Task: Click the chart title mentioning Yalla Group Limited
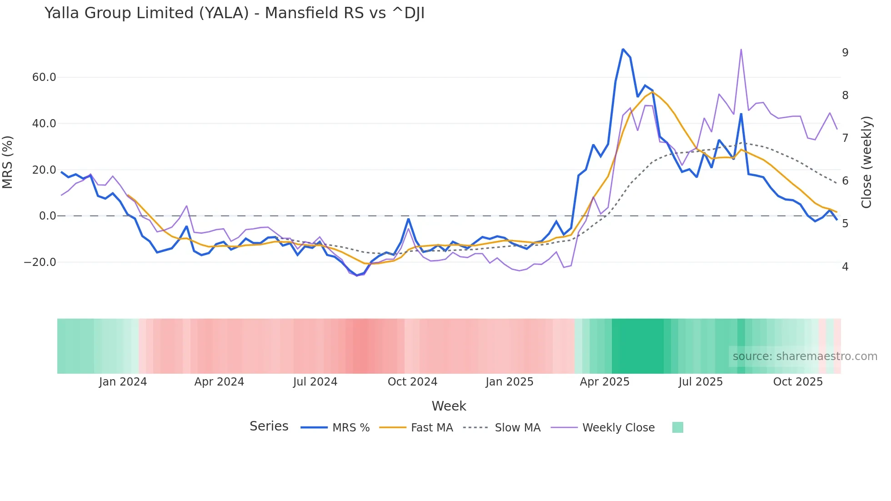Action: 235,13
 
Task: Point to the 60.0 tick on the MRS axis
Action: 44,77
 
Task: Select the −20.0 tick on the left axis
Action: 40,262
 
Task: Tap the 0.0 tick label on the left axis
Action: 47,216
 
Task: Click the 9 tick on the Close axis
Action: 845,53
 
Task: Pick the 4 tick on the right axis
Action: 845,267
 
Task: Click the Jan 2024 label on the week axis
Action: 123,382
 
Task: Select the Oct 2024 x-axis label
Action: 412,382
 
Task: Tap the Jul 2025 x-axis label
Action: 701,382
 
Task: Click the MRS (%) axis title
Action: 8,162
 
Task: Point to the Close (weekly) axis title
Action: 866,162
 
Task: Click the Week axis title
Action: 449,406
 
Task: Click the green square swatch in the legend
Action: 677,427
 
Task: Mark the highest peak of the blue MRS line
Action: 623,49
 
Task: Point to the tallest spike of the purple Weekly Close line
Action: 741,50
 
